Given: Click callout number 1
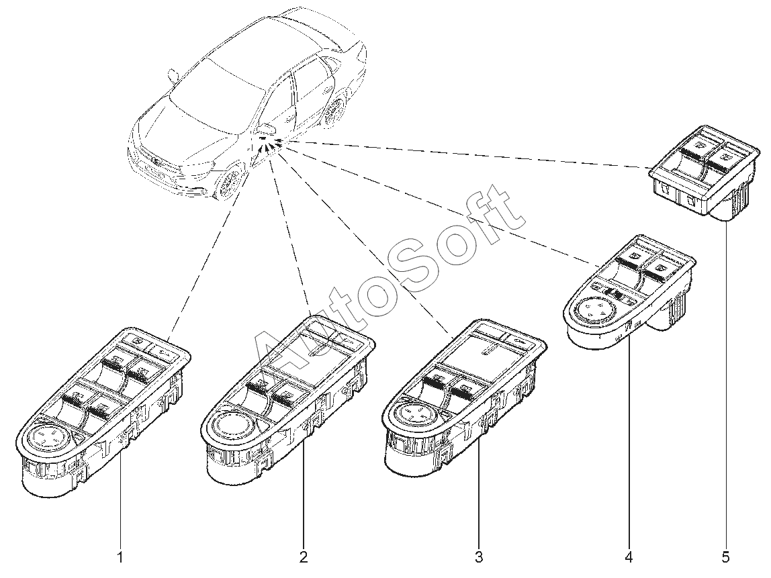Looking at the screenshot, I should pos(121,557).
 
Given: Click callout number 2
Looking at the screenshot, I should pos(304,557).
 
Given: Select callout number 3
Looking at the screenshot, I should pos(479,557).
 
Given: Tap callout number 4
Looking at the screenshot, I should pos(629,557).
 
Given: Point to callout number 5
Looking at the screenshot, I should pos(725,557).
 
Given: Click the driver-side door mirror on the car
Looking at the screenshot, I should pos(266,127).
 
